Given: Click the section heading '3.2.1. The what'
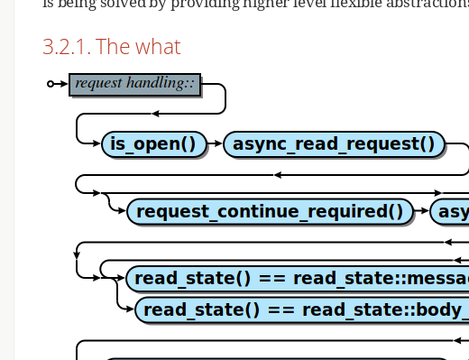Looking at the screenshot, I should click(111, 47).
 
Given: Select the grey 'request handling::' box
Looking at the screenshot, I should click(134, 84).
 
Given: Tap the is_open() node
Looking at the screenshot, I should click(152, 143).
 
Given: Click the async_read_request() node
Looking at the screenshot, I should click(334, 143).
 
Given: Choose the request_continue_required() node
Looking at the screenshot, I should click(270, 212).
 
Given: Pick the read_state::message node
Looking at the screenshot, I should click(298, 278).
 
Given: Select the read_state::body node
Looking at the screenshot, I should click(302, 310).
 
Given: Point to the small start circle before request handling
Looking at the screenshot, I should click(51, 84).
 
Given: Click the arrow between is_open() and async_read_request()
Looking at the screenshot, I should click(215, 143).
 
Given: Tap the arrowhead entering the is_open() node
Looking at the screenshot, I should click(97, 143).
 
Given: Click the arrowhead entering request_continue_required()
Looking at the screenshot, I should click(121, 212).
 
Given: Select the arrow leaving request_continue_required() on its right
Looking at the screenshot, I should click(421, 212).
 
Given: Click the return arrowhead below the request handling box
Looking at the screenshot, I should click(155, 114).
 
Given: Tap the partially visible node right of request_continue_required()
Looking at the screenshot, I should click(450, 212).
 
